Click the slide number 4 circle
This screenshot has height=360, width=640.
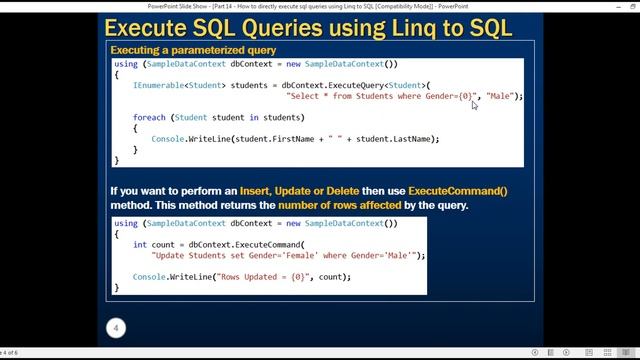pyautogui.click(x=116, y=328)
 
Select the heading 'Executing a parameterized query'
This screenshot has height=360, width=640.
pyautogui.click(x=193, y=50)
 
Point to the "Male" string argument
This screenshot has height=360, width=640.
pyautogui.click(x=500, y=96)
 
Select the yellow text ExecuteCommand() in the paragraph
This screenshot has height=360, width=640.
pyautogui.click(x=458, y=190)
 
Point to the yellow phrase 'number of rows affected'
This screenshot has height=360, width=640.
pyautogui.click(x=340, y=205)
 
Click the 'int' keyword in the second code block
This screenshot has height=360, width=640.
pyautogui.click(x=139, y=244)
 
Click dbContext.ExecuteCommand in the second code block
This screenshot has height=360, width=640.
pyautogui.click(x=245, y=244)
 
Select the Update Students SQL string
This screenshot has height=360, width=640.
pyautogui.click(x=283, y=255)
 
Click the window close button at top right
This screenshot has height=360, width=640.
pyautogui.click(x=628, y=5)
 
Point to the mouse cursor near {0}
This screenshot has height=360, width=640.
pyautogui.click(x=474, y=104)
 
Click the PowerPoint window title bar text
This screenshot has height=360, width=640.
pyautogui.click(x=320, y=5)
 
